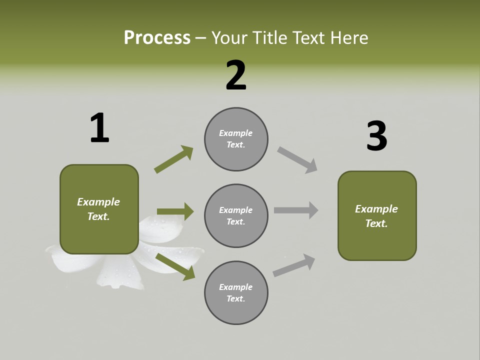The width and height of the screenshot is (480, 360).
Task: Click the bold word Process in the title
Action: click(x=157, y=38)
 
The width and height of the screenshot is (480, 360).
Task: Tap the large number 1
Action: click(x=99, y=128)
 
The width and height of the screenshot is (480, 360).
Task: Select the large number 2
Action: click(x=236, y=75)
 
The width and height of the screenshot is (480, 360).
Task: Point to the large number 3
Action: click(x=376, y=136)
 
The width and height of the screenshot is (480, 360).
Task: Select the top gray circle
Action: click(x=236, y=139)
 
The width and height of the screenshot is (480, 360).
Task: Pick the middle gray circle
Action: click(x=236, y=216)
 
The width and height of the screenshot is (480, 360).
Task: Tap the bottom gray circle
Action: click(x=236, y=293)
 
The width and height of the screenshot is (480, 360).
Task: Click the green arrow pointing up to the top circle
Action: click(x=173, y=159)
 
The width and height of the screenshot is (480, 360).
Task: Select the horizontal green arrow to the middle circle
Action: click(x=175, y=211)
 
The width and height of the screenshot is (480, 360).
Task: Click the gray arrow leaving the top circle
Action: click(x=297, y=160)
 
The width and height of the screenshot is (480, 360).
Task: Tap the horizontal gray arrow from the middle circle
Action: click(x=296, y=210)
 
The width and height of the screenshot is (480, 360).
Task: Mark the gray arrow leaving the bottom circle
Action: click(x=294, y=265)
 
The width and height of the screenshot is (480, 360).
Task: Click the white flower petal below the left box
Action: click(x=120, y=272)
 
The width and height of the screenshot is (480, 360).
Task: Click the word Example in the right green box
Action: click(x=376, y=209)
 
